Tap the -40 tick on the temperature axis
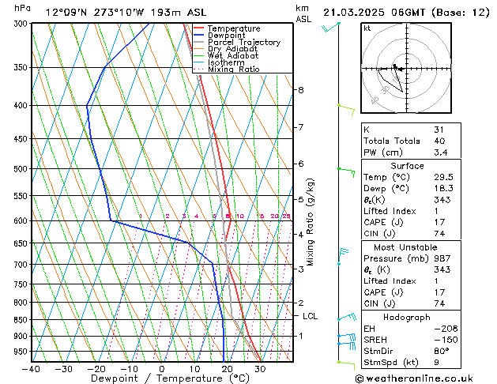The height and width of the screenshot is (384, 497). pyautogui.click(x=32, y=368)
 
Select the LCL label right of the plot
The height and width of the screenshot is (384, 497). pyautogui.click(x=311, y=316)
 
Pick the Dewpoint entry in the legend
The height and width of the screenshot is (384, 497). pyautogui.click(x=228, y=36)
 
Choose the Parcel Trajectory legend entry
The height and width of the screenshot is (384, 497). pyautogui.click(x=243, y=43)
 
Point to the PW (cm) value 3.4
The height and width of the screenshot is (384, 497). pyautogui.click(x=439, y=153)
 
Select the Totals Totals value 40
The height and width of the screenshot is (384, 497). pyautogui.click(x=439, y=141)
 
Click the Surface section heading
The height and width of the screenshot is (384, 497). pyautogui.click(x=407, y=166)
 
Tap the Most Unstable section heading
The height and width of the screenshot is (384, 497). pyautogui.click(x=407, y=247)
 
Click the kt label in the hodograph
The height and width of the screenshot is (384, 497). pyautogui.click(x=367, y=28)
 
